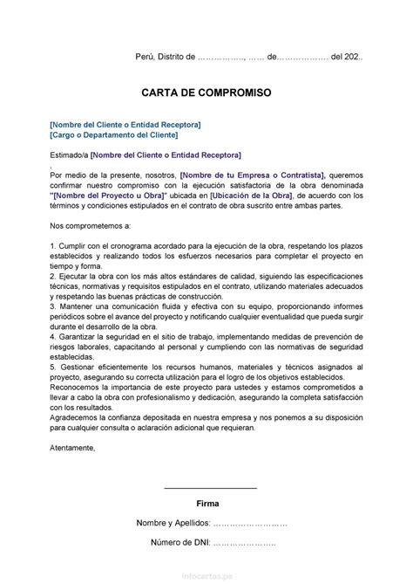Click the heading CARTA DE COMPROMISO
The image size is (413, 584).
(206, 92)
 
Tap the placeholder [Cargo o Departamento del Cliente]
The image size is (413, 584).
(114, 136)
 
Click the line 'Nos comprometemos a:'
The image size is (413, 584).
(91, 226)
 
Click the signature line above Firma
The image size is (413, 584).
(210, 487)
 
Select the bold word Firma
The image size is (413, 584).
(209, 504)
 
